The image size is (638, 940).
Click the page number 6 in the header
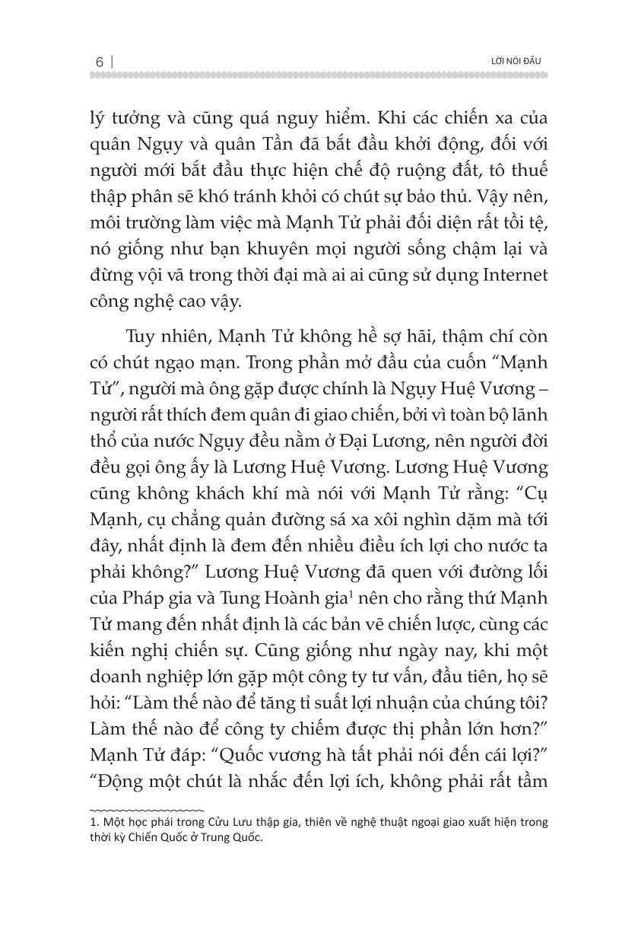[x=99, y=61]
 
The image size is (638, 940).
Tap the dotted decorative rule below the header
[x=319, y=75]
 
